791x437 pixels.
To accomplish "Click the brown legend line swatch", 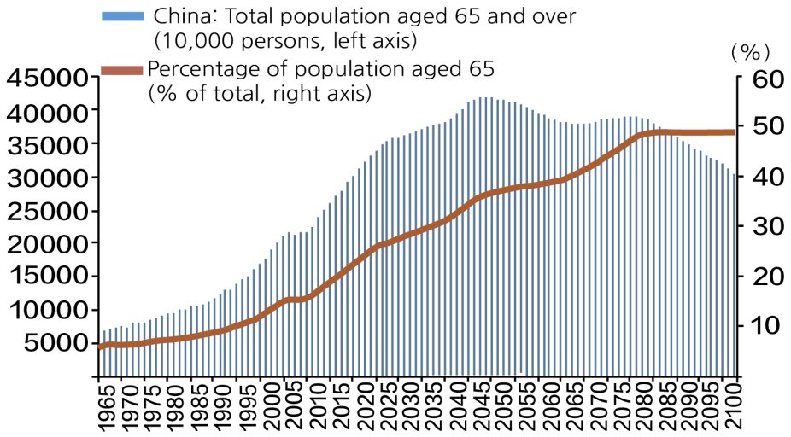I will pos(122,70).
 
